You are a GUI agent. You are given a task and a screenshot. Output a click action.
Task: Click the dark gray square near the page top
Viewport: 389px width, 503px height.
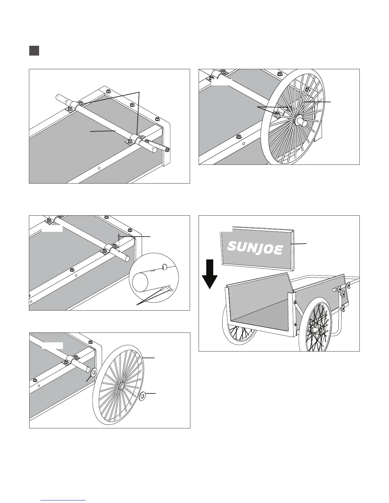click(34, 51)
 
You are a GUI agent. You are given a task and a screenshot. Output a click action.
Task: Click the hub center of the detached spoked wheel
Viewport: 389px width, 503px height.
click(122, 386)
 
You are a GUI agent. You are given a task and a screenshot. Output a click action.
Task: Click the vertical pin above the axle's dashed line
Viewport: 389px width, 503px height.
click(119, 238)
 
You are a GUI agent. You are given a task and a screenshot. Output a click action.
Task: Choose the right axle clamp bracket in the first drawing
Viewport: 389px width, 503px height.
click(135, 140)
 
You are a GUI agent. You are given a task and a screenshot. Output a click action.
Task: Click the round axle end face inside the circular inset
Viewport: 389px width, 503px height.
click(140, 283)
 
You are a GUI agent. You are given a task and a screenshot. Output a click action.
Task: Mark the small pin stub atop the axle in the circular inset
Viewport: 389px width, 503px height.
click(164, 267)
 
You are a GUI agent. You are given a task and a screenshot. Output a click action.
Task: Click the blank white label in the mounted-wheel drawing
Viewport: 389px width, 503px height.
click(222, 82)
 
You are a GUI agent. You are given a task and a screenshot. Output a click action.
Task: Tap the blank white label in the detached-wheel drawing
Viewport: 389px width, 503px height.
click(52, 345)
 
